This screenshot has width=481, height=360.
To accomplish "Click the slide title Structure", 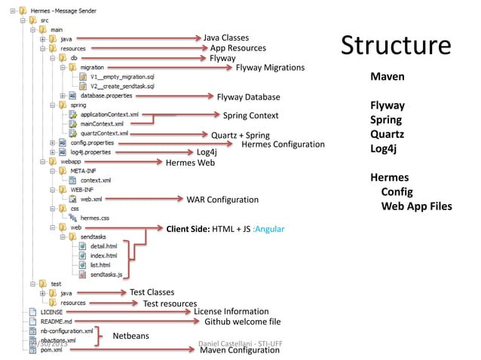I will pyautogui.click(x=396, y=45).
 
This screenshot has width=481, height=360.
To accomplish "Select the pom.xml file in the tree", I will pyautogui.click(x=51, y=350).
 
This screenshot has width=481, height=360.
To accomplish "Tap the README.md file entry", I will pyautogui.click(x=56, y=321).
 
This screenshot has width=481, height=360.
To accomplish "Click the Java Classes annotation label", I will pyautogui.click(x=226, y=37).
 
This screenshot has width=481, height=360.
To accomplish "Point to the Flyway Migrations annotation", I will pyautogui.click(x=270, y=68).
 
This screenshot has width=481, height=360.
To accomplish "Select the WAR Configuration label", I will pyautogui.click(x=222, y=200).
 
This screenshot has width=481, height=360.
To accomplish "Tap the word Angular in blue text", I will pyautogui.click(x=269, y=229).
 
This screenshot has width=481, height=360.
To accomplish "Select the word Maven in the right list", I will pyautogui.click(x=387, y=77).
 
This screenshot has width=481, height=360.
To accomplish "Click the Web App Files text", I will pyautogui.click(x=416, y=206).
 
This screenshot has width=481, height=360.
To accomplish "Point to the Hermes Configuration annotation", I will pyautogui.click(x=283, y=144).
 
